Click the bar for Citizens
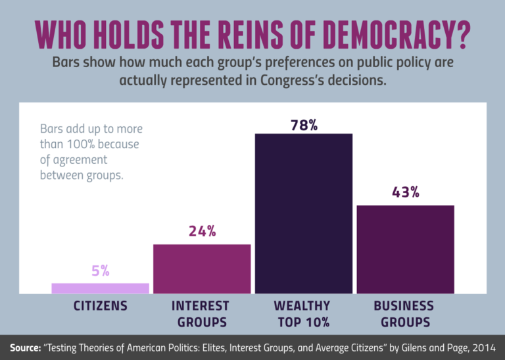100,288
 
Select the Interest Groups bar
202,269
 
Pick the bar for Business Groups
405,249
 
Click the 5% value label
100,270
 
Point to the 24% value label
202,232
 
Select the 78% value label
304,124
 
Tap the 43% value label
405,193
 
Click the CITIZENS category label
100,306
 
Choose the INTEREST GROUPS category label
201,314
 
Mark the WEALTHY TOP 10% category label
302,314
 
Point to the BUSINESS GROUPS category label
404,314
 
